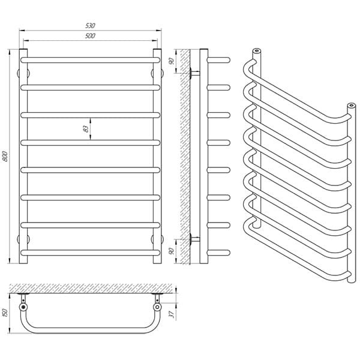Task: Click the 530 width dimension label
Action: [90, 25]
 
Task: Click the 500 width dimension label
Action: [90, 36]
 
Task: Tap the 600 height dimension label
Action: [6, 157]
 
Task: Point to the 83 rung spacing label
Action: [86, 129]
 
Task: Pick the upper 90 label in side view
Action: [171, 61]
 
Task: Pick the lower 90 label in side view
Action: [171, 251]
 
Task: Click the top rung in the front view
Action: [90, 60]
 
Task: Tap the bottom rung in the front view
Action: [90, 253]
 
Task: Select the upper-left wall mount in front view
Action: [23, 73]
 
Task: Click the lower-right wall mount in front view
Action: [157, 239]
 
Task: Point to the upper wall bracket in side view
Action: [194, 73]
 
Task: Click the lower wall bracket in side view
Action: [194, 239]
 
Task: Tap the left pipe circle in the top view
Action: [23, 307]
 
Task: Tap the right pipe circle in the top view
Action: [157, 307]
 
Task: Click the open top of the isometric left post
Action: [257, 50]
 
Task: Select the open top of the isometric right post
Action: [350, 106]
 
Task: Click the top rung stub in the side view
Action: [218, 60]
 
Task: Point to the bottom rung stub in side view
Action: [218, 253]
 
